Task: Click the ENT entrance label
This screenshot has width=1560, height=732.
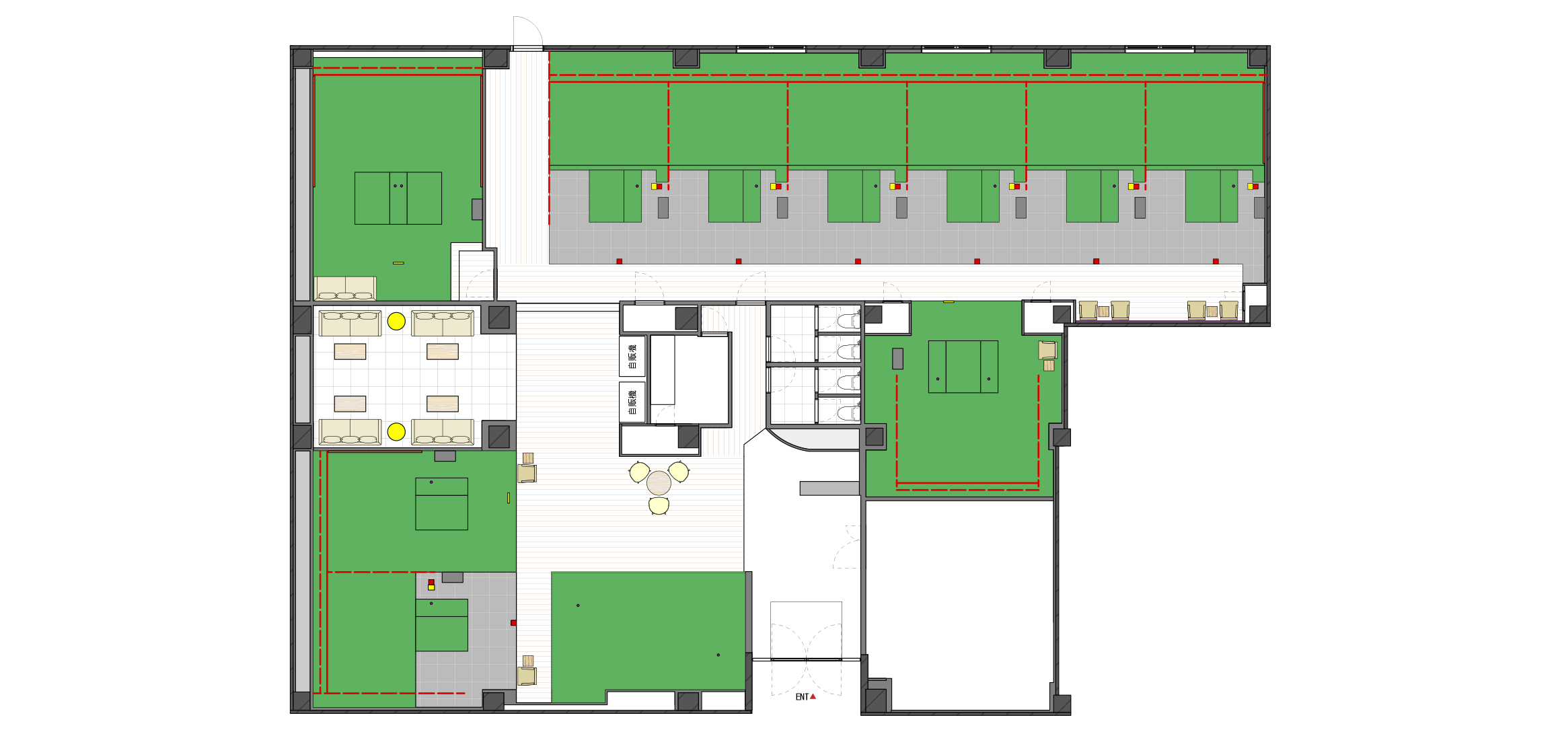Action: [802, 697]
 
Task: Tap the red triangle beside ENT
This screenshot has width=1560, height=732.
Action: [813, 696]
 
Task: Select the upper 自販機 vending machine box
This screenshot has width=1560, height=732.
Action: [632, 357]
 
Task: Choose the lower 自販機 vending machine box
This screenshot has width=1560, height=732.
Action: [632, 402]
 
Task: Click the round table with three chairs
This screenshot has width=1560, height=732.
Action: [659, 483]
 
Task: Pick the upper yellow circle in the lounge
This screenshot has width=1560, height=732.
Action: [396, 322]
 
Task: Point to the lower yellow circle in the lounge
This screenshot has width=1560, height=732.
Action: [396, 432]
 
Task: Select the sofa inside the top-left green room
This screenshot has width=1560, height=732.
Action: [345, 288]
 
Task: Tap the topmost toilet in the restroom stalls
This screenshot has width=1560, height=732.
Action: [849, 320]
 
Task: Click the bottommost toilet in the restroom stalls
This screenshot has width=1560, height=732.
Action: [849, 412]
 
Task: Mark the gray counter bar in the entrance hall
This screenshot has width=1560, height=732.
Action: [829, 488]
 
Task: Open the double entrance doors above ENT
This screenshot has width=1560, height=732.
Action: [806, 659]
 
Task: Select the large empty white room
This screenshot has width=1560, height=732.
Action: [959, 604]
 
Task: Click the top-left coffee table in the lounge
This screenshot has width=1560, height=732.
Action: [350, 352]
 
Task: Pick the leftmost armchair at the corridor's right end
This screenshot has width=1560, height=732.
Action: [1088, 310]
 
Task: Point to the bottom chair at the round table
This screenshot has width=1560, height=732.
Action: [659, 505]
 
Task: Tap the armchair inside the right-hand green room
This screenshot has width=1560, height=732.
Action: [1047, 350]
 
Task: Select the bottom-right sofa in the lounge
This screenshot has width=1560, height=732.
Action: [443, 432]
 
